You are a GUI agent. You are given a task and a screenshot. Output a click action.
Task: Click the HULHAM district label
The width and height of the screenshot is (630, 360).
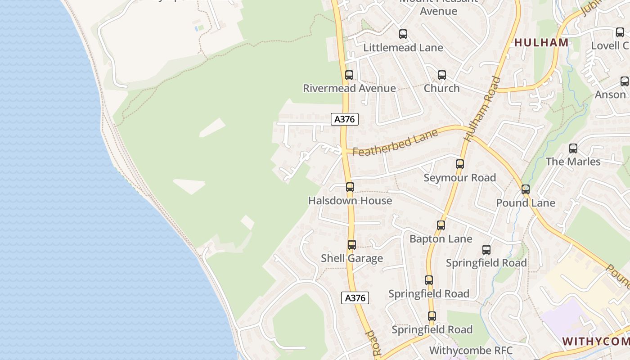[541, 43]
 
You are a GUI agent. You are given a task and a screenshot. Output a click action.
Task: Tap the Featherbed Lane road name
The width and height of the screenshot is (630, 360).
[395, 143]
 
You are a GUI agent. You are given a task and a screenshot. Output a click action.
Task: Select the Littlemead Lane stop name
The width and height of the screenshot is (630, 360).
[403, 48]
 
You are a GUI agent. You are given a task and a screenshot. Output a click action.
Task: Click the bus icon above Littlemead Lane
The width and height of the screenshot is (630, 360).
[403, 34]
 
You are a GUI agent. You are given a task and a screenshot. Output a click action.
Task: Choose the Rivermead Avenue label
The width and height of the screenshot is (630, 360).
[349, 88]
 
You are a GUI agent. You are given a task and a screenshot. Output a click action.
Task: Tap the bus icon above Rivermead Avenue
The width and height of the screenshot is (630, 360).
[349, 75]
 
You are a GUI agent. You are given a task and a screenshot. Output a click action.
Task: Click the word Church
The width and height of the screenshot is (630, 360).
[441, 88]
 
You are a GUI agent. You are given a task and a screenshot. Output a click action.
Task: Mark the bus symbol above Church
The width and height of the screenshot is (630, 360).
[441, 75]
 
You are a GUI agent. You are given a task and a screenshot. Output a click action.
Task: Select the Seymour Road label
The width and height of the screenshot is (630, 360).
[459, 178]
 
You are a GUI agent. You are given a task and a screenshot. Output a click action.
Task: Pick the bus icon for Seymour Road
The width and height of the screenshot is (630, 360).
[459, 164]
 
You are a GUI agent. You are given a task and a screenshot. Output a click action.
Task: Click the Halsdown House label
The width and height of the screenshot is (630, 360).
[350, 201]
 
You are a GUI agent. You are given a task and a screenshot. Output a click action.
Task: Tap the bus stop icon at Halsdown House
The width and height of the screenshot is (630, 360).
[350, 187]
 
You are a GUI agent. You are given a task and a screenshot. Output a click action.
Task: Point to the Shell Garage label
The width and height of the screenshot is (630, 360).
[352, 258]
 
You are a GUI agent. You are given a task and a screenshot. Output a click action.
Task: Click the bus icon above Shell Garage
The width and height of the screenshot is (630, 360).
[352, 245]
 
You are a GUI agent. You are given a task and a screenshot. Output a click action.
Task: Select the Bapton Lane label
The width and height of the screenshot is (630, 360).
[441, 239]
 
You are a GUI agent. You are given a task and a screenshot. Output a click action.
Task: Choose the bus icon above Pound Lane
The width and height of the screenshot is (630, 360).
[526, 189]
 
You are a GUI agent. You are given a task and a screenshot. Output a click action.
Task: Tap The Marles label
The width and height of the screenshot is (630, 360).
[573, 162]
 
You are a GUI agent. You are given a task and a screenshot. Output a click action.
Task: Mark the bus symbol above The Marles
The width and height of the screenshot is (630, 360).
[573, 148]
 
